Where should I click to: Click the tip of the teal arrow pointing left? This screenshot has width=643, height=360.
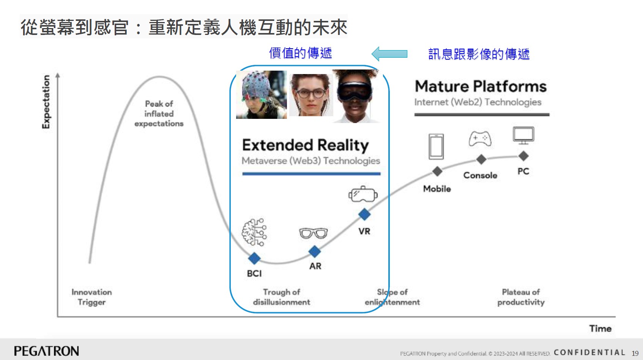coord(372,54)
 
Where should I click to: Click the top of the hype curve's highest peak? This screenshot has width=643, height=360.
coord(159,77)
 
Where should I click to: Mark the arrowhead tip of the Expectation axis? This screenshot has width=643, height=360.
coord(58,73)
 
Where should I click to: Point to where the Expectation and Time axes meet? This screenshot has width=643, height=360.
coord(58,317)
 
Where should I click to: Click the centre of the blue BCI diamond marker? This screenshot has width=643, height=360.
coord(254,258)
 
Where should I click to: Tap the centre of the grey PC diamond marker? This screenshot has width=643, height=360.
coord(523,156)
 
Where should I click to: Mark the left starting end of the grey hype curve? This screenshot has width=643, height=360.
coord(90,262)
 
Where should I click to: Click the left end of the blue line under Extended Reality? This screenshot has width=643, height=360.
coord(243,174)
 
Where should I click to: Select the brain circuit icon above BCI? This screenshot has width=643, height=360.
coord(254,232)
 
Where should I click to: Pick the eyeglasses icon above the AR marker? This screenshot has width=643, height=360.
coord(313,233)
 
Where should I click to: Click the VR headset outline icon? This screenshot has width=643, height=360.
coord(363,194)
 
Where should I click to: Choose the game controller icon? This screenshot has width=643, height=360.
coord(480,139)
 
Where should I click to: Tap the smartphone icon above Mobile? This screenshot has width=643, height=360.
coord(437,147)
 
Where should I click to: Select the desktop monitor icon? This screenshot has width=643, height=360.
coord(523,135)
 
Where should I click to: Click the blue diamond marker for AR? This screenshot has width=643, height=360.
coord(315,251)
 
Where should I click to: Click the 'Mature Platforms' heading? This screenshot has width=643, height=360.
coord(481,87)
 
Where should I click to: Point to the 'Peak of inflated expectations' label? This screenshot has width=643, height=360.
coord(159,114)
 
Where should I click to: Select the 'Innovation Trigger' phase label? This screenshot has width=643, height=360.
coord(91,297)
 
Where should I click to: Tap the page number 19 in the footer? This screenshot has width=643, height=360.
coord(635,354)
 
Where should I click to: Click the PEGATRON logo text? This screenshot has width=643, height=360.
coord(47,351)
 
